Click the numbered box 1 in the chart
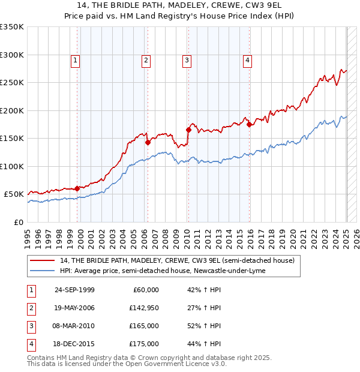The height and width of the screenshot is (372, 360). (75, 60)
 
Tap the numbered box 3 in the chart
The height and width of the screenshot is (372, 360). (187, 60)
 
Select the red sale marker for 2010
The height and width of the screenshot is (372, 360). (188, 130)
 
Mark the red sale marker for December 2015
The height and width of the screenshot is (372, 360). (250, 124)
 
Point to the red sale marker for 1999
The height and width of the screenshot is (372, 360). (77, 188)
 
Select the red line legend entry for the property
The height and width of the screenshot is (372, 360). (177, 261)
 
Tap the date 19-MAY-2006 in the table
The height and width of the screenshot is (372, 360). (75, 308)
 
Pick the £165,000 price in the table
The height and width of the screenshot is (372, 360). (144, 326)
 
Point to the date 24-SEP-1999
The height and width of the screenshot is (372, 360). (74, 290)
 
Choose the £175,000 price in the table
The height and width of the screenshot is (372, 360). (144, 344)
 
